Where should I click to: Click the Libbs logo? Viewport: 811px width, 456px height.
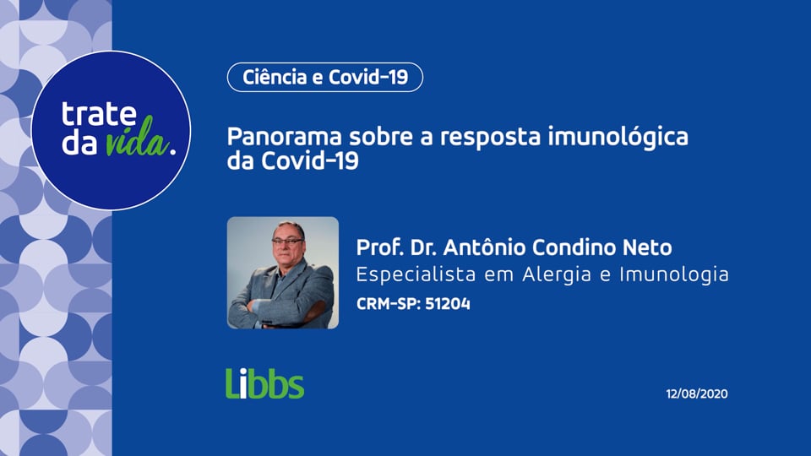pos(264,383)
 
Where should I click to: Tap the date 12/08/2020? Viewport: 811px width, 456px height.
pos(697,394)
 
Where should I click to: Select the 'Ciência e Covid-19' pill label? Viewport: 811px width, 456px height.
pos(325,78)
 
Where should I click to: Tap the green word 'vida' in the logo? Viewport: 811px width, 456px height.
pos(136,143)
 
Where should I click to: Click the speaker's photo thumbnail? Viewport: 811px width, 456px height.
pos(283,273)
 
